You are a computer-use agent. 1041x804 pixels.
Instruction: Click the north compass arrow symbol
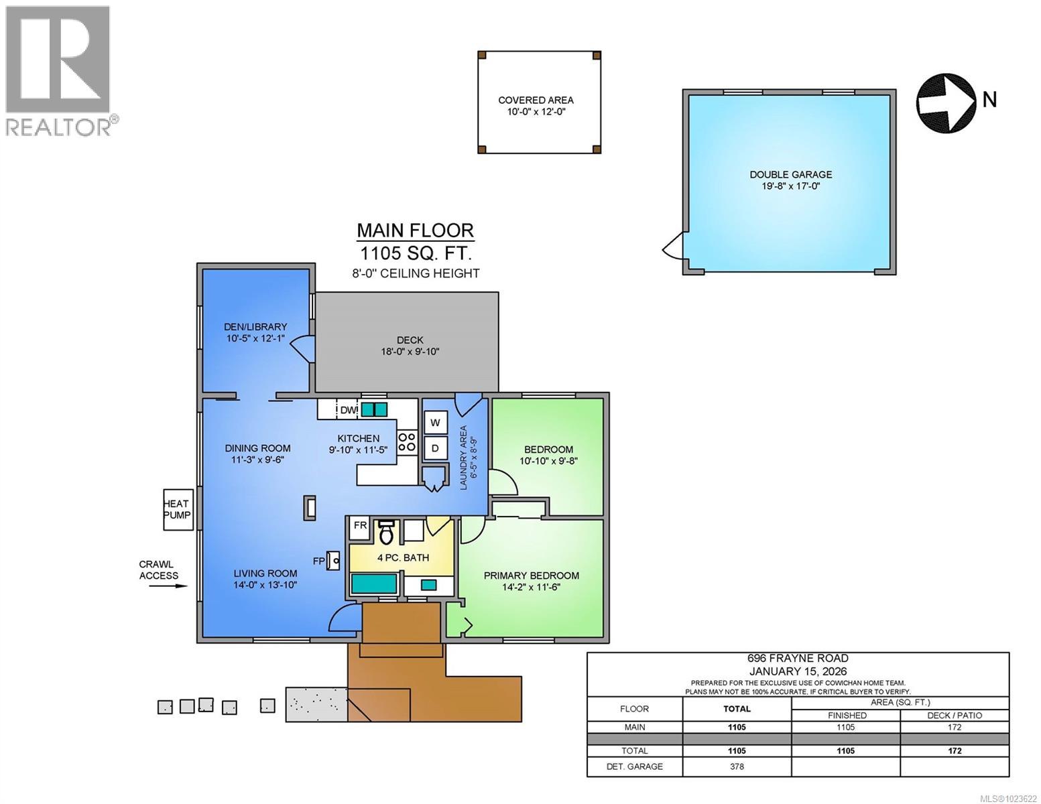(945, 103)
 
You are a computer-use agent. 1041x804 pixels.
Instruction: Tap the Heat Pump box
(178, 509)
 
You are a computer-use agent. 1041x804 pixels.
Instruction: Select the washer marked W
(435, 423)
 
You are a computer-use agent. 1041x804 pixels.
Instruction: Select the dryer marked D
(435, 448)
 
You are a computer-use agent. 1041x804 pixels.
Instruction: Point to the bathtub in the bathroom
(373, 584)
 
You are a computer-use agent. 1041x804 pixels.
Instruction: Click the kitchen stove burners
(406, 442)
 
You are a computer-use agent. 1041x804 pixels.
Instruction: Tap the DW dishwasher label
(348, 409)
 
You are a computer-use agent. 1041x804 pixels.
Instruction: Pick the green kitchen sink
(374, 409)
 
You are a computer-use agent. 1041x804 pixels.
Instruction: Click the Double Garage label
(790, 175)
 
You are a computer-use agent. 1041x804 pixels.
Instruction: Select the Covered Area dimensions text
(536, 113)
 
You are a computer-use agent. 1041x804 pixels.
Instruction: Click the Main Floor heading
(415, 230)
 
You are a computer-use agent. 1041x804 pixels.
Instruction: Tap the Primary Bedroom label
(531, 576)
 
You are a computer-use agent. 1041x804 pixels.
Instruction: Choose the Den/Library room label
(255, 327)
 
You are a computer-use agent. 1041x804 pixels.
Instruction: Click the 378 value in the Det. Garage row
(737, 766)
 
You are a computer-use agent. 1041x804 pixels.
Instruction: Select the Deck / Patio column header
(955, 715)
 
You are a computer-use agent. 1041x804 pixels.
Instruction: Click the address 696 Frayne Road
(798, 658)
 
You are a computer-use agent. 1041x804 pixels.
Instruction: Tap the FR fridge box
(360, 525)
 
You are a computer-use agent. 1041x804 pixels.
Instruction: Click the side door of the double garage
(672, 249)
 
